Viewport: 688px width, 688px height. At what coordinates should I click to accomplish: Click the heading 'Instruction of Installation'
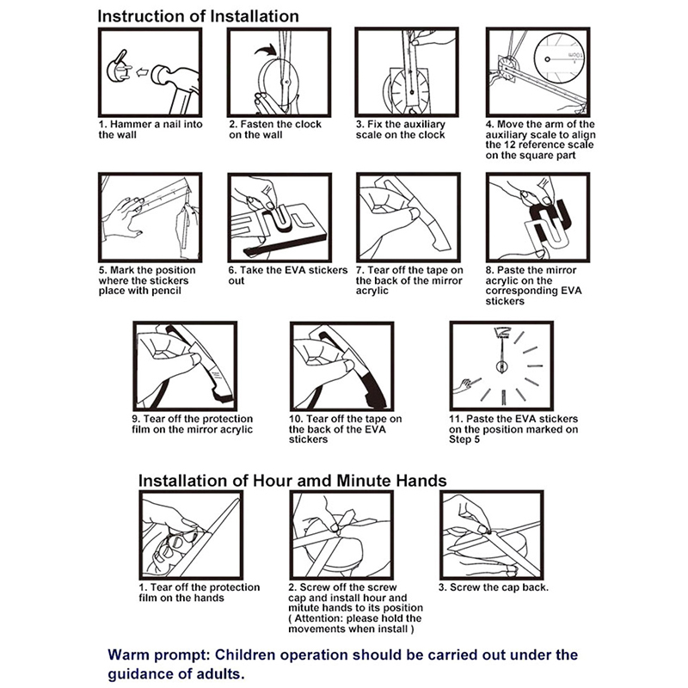(x=198, y=16)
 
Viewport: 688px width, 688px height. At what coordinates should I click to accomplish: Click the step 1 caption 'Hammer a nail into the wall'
(x=150, y=130)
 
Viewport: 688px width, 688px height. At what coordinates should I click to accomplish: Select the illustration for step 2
(x=279, y=72)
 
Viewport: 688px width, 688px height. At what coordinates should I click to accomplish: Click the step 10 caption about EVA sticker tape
(x=344, y=429)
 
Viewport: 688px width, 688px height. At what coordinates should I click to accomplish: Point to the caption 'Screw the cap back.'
(x=493, y=587)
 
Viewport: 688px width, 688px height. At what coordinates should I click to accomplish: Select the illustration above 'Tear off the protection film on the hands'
(x=190, y=534)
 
